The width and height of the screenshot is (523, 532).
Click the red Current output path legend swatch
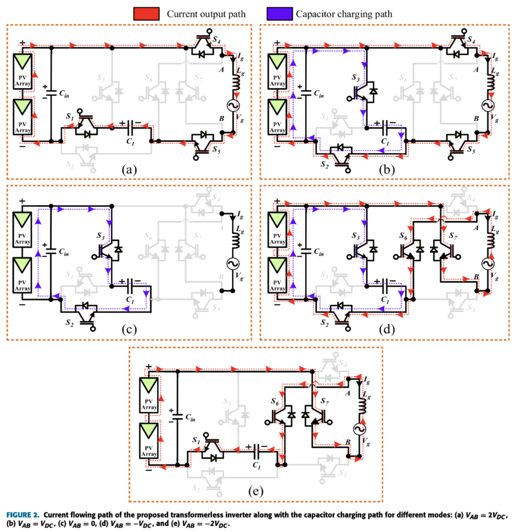tap(146, 14)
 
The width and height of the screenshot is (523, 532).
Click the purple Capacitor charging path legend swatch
tap(279, 14)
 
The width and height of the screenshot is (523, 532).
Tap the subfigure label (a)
tap(129, 170)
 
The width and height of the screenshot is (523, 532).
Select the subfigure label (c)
tap(129, 329)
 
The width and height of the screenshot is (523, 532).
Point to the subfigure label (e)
tap(256, 491)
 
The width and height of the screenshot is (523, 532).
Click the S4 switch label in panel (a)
tap(217, 40)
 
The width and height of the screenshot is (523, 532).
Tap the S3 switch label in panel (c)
tap(100, 235)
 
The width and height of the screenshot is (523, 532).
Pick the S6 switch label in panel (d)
tap(403, 235)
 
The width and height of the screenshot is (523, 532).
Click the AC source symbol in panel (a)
tap(233, 106)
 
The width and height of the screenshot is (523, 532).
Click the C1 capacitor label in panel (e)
tap(257, 465)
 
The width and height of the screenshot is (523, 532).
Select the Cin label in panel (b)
tap(319, 94)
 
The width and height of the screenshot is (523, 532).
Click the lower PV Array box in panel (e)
tap(149, 441)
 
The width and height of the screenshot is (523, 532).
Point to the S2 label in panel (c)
tap(69, 323)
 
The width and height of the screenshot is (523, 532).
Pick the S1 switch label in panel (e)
tap(196, 440)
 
